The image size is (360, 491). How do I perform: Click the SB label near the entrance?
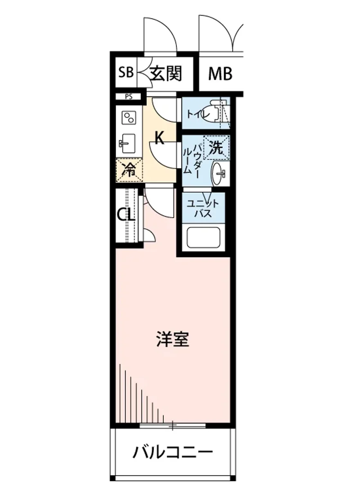[126, 74]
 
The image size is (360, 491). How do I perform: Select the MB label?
[220, 74]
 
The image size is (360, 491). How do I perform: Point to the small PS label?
[128, 97]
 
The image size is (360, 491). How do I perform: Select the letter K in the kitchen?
[160, 139]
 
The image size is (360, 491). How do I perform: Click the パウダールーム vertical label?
[191, 160]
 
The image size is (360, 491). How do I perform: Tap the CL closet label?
[126, 215]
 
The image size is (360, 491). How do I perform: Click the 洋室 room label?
[173, 339]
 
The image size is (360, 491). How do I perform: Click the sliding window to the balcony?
[172, 426]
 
